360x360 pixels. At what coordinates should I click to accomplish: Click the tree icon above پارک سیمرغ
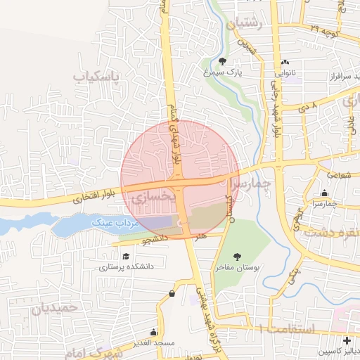click(223, 62)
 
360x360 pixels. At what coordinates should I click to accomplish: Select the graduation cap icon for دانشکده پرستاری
click(126, 257)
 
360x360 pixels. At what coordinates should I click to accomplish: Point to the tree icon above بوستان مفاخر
click(236, 257)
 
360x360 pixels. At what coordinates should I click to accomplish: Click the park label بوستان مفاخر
click(237, 268)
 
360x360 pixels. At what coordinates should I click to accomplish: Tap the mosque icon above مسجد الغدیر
click(153, 332)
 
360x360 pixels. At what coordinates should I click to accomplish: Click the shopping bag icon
click(172, 294)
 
